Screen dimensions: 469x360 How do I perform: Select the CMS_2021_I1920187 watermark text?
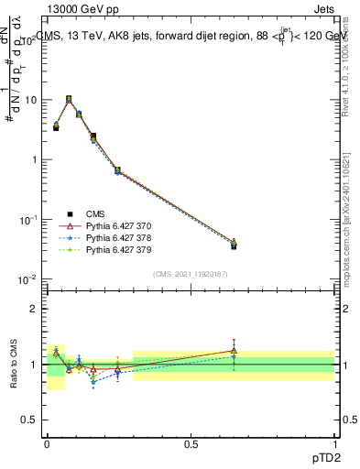point(191,272)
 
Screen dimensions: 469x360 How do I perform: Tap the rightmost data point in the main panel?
point(234,245)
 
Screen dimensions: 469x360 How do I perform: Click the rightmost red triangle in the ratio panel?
point(234,350)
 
